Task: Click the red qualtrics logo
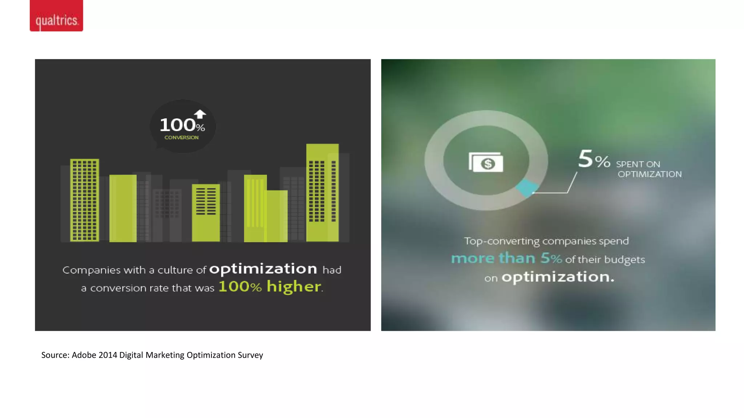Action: (x=56, y=16)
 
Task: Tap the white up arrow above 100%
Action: (x=200, y=114)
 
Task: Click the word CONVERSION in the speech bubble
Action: (x=181, y=138)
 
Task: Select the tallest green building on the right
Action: (x=322, y=192)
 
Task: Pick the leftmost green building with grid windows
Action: (x=84, y=200)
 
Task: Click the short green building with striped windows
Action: (x=206, y=213)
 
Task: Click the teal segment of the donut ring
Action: (x=526, y=188)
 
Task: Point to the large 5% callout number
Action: (x=594, y=159)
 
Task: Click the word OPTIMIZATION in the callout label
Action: (x=650, y=174)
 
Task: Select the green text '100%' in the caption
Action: (x=240, y=287)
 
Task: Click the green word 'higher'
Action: (x=294, y=287)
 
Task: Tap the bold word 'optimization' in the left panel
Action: (x=263, y=269)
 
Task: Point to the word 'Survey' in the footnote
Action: (x=250, y=355)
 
